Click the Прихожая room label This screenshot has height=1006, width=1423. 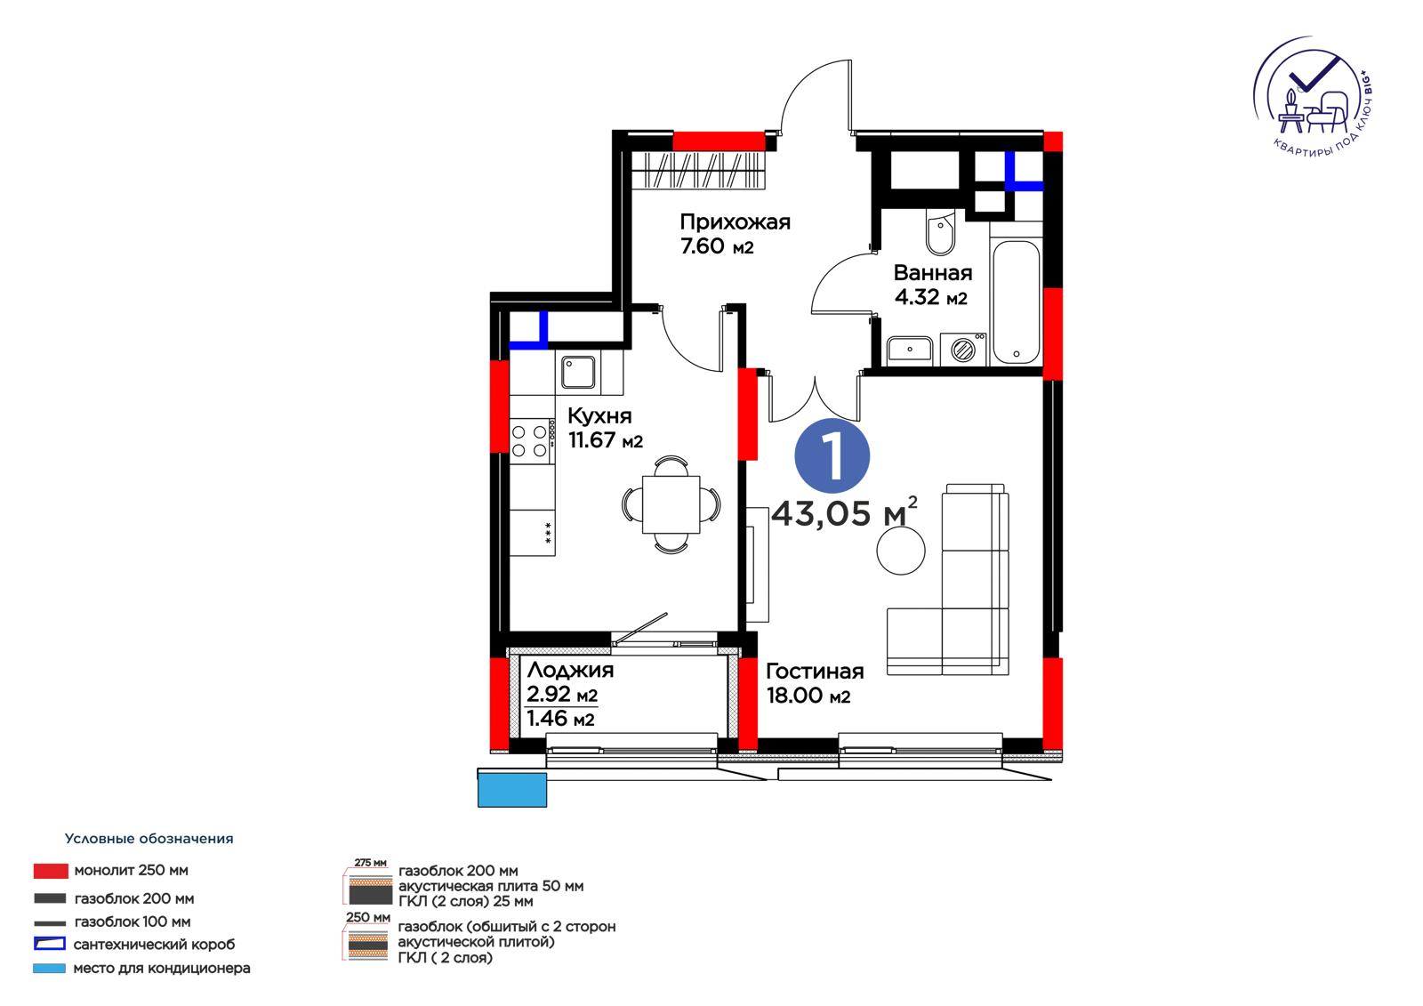[735, 221]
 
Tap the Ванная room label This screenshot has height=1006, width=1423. [933, 273]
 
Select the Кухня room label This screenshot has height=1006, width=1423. [599, 415]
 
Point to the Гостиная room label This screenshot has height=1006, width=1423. [815, 671]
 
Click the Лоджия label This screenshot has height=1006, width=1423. [570, 670]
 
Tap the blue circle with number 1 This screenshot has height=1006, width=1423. [832, 455]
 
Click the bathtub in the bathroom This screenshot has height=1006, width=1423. [1016, 302]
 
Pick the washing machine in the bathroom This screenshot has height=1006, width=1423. [963, 350]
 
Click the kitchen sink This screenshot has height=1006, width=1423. [578, 372]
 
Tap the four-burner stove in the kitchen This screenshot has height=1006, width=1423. [530, 440]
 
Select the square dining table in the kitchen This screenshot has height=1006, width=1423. [671, 504]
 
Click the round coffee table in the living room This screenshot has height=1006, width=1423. [901, 551]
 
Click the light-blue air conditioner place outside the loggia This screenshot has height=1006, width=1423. [512, 789]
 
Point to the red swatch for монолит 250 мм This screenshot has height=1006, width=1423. [51, 871]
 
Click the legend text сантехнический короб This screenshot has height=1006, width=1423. [155, 945]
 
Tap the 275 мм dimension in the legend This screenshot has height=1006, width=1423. [370, 863]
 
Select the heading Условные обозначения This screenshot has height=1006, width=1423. [149, 838]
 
